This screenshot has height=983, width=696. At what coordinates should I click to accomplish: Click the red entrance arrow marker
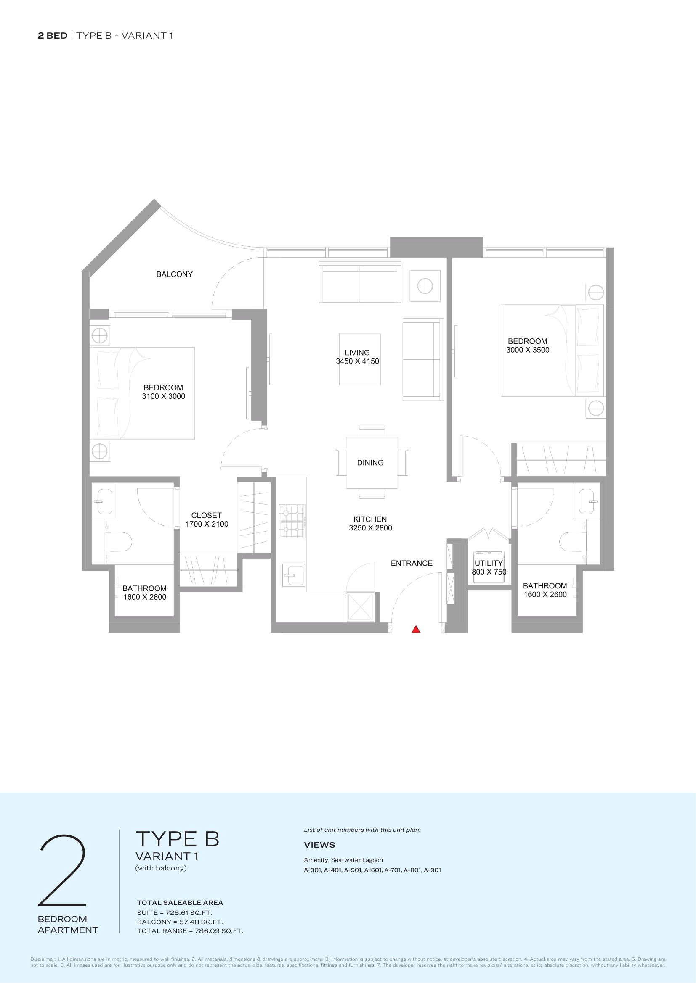pyautogui.click(x=416, y=630)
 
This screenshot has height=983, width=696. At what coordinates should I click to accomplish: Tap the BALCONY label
pyautogui.click(x=175, y=274)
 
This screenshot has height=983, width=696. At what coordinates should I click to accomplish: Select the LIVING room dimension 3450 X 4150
pyautogui.click(x=357, y=361)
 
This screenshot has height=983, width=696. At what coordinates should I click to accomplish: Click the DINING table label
pyautogui.click(x=370, y=463)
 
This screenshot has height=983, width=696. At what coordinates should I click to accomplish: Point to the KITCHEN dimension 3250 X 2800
pyautogui.click(x=370, y=528)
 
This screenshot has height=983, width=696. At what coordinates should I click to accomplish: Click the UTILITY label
pyautogui.click(x=489, y=563)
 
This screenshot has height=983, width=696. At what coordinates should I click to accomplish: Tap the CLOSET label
pyautogui.click(x=207, y=516)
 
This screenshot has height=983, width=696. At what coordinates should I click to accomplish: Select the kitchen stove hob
pyautogui.click(x=293, y=521)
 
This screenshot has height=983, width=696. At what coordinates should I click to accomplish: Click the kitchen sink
pyautogui.click(x=294, y=575)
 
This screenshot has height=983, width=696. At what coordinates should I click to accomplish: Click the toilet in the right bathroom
pyautogui.click(x=573, y=542)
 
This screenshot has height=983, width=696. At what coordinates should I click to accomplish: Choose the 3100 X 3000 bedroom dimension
pyautogui.click(x=164, y=396)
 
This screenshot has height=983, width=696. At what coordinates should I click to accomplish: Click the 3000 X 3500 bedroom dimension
pyautogui.click(x=528, y=350)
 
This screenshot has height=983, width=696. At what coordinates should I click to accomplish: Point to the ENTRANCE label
pyautogui.click(x=412, y=564)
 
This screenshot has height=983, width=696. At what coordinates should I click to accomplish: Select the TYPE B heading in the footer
pyautogui.click(x=178, y=839)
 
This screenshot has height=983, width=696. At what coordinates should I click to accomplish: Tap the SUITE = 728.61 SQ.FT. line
pyautogui.click(x=175, y=913)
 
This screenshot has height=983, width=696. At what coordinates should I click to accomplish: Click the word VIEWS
pyautogui.click(x=320, y=845)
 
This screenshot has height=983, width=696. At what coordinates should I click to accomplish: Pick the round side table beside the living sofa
pyautogui.click(x=425, y=286)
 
